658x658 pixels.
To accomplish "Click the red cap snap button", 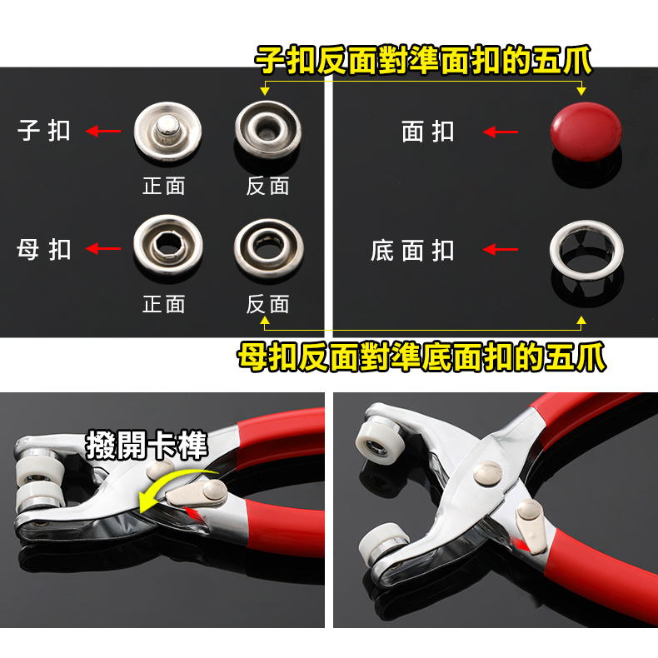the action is tap(586, 132).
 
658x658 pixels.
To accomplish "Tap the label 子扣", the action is tap(44, 131).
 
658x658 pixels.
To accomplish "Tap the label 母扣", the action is tap(44, 249).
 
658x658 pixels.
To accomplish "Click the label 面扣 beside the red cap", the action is tap(428, 132).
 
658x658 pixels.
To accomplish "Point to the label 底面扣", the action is tap(412, 251).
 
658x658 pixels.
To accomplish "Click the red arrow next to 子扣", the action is tap(103, 131).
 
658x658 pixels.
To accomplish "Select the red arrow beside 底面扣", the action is tap(501, 250).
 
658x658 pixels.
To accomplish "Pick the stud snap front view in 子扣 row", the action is tap(168, 132).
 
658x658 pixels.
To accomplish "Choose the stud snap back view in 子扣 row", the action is tap(268, 130).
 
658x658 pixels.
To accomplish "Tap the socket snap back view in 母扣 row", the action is tap(269, 249).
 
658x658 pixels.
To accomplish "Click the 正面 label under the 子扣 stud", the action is tap(164, 186).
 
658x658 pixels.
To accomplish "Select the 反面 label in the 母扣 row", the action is tap(267, 304).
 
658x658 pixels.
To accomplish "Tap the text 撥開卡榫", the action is tap(147, 446).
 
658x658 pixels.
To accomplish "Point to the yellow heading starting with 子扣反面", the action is tap(423, 61).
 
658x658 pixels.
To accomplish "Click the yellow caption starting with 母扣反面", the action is tap(421, 357).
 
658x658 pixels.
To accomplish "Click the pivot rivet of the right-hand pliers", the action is tap(487, 473).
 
